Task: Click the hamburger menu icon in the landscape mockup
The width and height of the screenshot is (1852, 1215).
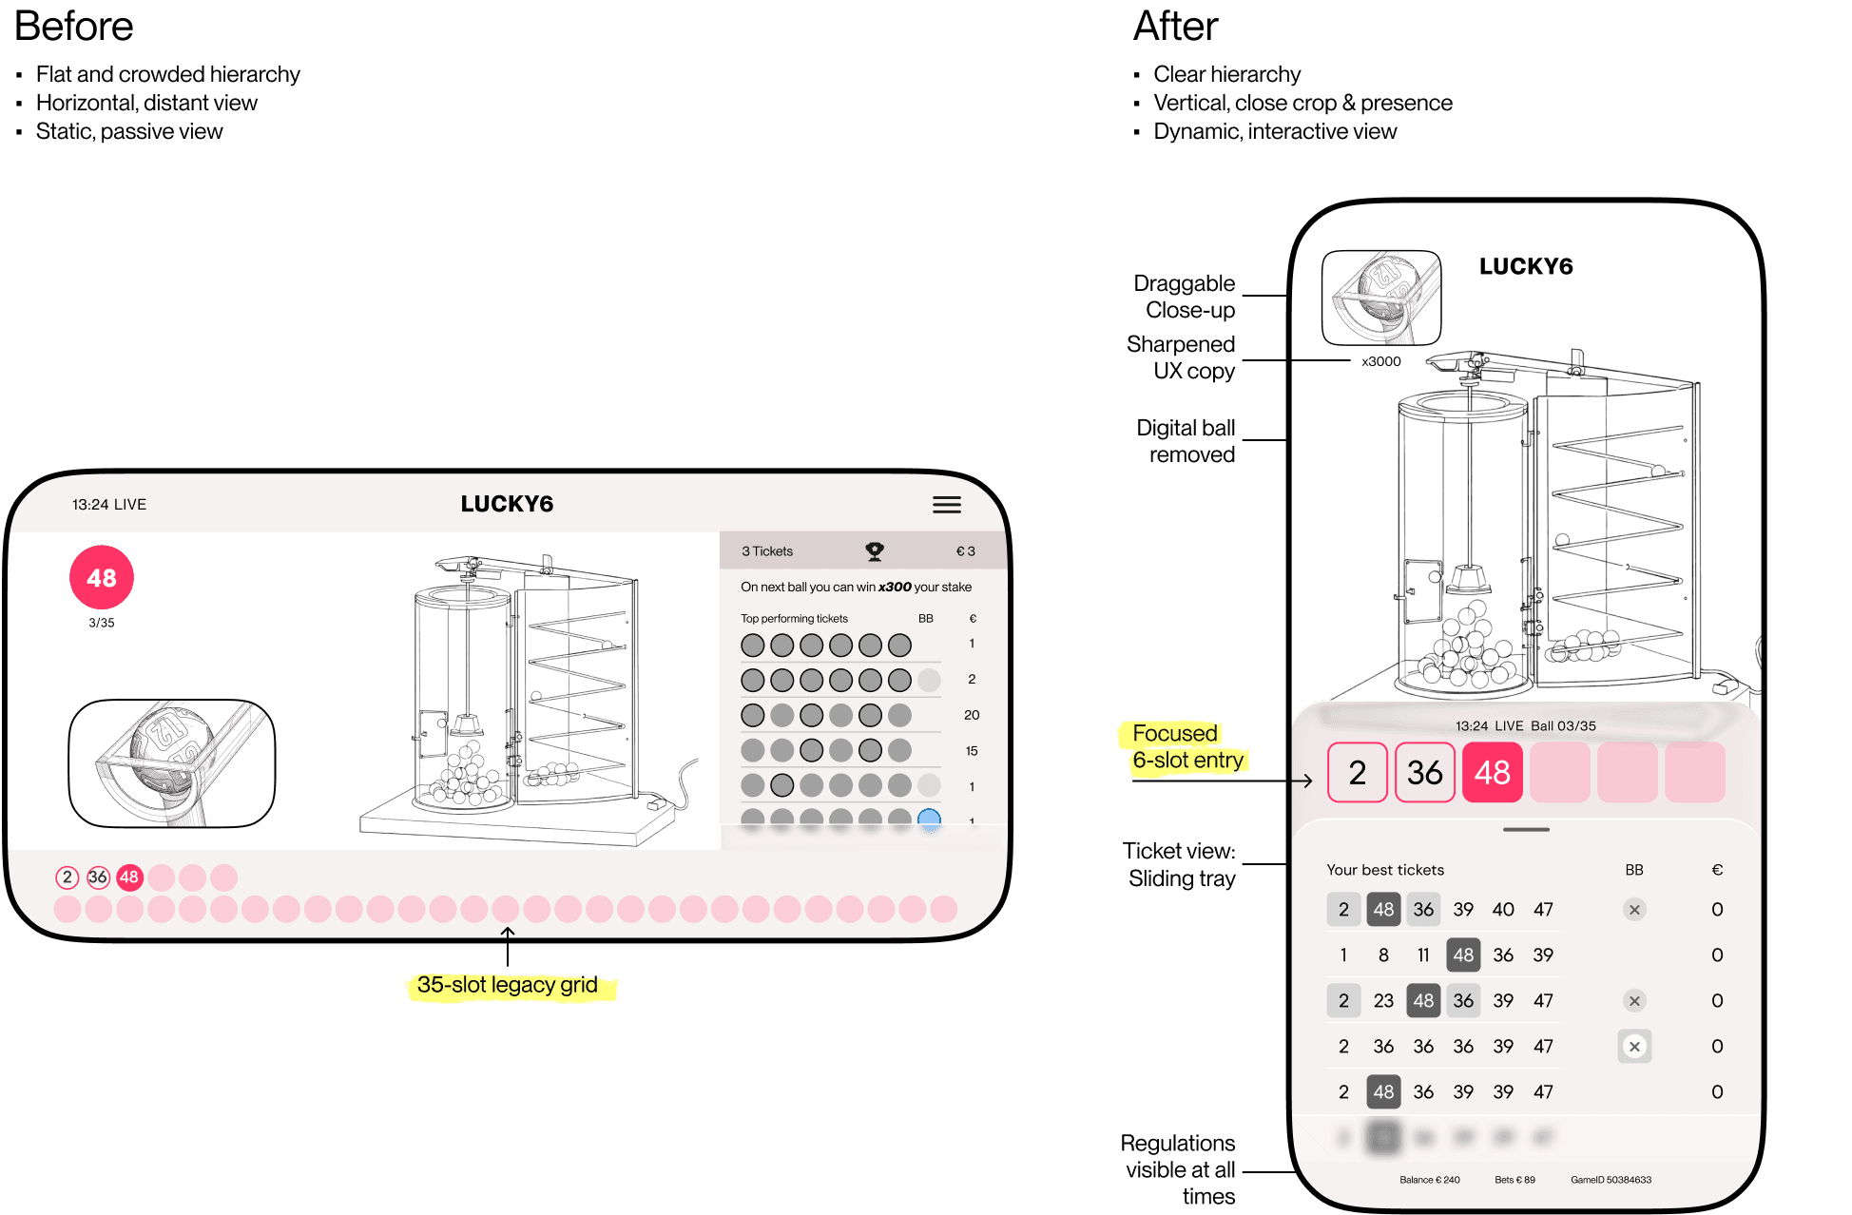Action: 946,505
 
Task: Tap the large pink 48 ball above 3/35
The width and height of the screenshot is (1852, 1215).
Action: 102,578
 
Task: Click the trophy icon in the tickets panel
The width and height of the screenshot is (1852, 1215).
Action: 875,550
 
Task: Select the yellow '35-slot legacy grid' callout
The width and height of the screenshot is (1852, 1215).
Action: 508,985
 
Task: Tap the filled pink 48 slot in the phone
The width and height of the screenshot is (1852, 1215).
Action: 1492,772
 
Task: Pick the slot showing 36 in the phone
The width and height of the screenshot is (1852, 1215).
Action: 1424,772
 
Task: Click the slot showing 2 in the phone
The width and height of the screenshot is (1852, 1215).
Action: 1357,772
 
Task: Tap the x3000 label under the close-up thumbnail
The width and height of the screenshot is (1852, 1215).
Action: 1380,361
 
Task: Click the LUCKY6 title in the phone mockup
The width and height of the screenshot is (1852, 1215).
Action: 1526,267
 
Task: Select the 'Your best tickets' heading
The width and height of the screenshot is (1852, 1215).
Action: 1385,870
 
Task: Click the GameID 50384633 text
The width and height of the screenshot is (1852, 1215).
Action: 1611,1180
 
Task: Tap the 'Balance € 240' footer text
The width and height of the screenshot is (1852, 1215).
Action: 1429,1180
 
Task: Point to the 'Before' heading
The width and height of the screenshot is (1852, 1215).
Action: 74,27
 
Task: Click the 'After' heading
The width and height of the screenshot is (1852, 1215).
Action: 1175,27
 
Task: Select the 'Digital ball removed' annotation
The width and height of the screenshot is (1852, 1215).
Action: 1186,441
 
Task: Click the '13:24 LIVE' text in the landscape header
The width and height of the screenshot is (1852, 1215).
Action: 109,505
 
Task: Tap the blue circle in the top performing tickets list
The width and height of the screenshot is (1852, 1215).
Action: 929,819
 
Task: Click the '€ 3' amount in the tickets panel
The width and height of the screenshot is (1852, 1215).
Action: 965,551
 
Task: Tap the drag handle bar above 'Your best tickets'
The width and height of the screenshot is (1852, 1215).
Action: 1526,830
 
